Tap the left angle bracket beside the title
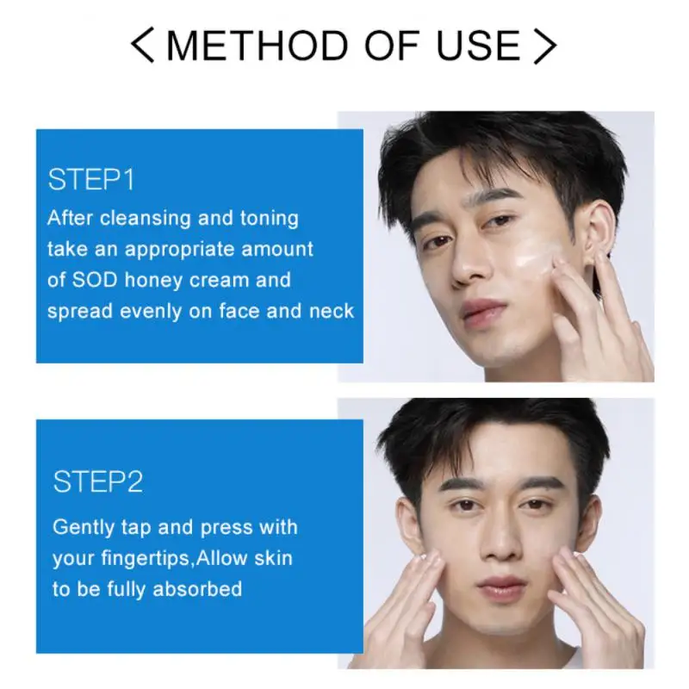pos(142,45)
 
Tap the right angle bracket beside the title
pos(545,45)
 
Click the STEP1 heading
pos(91,180)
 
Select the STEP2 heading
pos(98,481)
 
